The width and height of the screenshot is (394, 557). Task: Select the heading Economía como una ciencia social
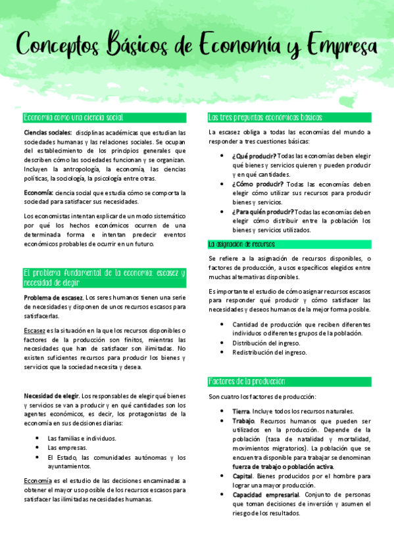tap(73, 118)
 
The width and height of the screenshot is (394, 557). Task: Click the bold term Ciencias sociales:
tap(47, 132)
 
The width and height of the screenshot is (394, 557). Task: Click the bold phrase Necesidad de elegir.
tap(51, 396)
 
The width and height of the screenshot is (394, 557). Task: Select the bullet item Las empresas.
tap(68, 447)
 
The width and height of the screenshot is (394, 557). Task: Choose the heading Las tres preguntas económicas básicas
tap(265, 118)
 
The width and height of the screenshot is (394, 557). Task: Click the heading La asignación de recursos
tap(241, 244)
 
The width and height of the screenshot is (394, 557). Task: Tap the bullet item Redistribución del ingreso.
tap(269, 352)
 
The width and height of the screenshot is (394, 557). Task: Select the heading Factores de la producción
tap(247, 382)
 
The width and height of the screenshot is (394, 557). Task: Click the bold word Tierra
tap(241, 411)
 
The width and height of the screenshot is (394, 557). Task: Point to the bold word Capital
tap(243, 476)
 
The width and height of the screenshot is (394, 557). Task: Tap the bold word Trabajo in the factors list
tap(243, 420)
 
